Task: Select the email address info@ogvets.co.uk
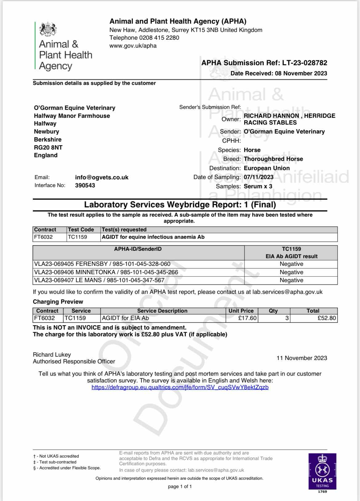pyautogui.click(x=102, y=177)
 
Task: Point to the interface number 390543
pyautogui.click(x=85, y=185)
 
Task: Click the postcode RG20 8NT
pyautogui.click(x=48, y=147)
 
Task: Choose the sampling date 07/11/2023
pyautogui.click(x=258, y=177)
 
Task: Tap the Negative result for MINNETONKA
pyautogui.click(x=291, y=272)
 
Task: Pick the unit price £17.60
pyautogui.click(x=247, y=318)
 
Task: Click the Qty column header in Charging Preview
pyautogui.click(x=273, y=311)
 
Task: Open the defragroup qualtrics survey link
pyautogui.click(x=180, y=387)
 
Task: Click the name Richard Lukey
pyautogui.click(x=52, y=355)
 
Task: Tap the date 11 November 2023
pyautogui.click(x=302, y=358)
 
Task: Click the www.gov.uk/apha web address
pyautogui.click(x=133, y=46)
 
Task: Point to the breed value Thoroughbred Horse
pyautogui.click(x=273, y=159)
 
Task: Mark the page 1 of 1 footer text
pyautogui.click(x=180, y=487)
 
